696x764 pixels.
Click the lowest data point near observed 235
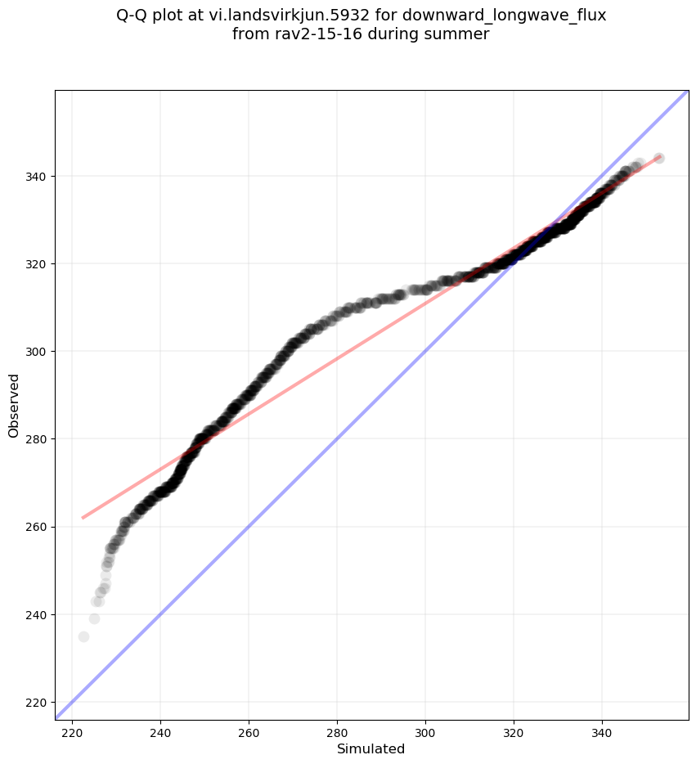(x=83, y=636)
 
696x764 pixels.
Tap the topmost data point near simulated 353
(x=659, y=158)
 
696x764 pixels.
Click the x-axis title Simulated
(x=371, y=748)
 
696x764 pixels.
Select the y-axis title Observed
(x=14, y=405)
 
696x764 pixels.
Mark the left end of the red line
(x=83, y=517)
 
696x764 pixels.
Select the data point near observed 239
(x=94, y=618)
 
